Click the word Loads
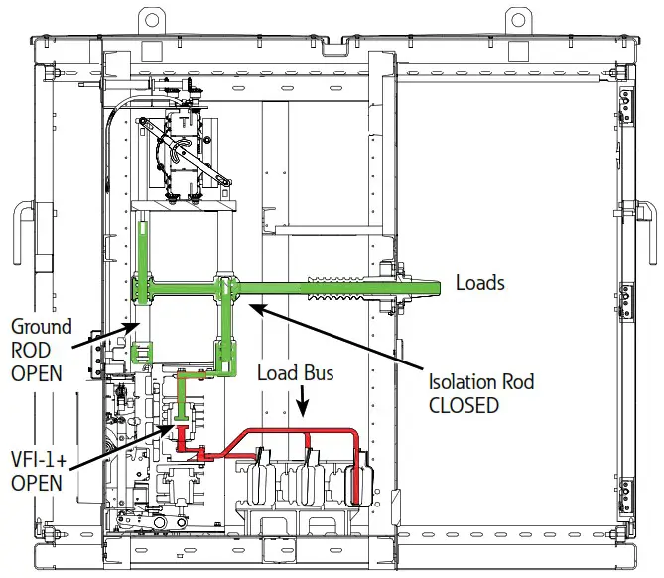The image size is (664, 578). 479,283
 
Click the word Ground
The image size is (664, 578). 41,326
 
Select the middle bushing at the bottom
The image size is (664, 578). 309,477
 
